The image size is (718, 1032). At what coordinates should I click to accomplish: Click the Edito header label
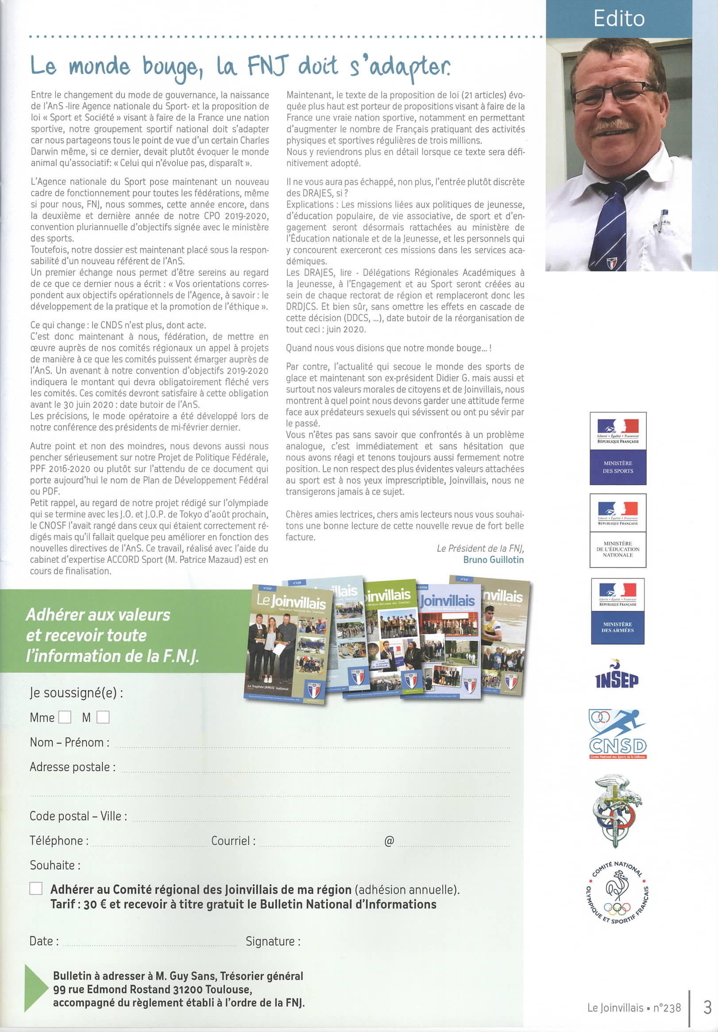[x=619, y=19]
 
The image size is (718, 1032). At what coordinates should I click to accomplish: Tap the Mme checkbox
[x=65, y=717]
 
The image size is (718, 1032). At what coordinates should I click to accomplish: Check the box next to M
[x=103, y=717]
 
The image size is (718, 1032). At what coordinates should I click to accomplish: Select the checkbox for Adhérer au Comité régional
[x=36, y=888]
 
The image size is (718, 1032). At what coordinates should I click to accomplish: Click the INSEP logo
[x=616, y=680]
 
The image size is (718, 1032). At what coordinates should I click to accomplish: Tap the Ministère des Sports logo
[x=618, y=448]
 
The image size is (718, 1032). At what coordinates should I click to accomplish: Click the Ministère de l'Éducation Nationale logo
[x=618, y=531]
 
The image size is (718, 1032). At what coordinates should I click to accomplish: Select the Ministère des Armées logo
[x=618, y=611]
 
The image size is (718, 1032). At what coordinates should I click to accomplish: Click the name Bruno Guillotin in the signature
[x=493, y=560]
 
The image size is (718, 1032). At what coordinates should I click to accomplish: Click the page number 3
[x=707, y=1007]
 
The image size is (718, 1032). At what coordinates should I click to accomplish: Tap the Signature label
[x=273, y=941]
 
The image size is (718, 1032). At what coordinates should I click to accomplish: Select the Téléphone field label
[x=59, y=840]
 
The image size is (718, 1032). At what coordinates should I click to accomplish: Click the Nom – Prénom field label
[x=69, y=742]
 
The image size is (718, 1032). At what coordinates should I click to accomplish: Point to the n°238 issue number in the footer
[x=667, y=1008]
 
